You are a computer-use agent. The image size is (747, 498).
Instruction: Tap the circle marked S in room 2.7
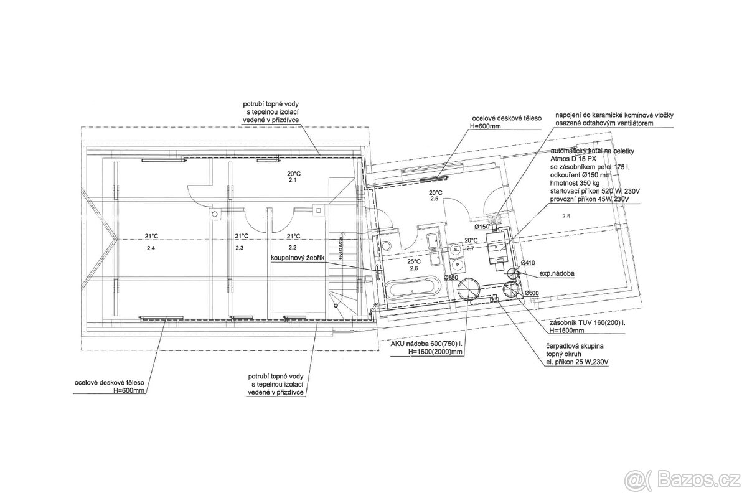point(456,248)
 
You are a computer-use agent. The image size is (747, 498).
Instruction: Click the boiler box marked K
point(496,247)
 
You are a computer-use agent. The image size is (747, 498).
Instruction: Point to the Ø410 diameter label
point(529,263)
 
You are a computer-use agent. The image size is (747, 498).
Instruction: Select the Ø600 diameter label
point(531,293)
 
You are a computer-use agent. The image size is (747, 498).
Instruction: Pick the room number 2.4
point(151,248)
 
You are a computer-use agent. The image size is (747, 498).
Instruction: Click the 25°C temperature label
point(415,262)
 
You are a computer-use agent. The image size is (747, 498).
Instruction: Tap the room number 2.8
point(566,216)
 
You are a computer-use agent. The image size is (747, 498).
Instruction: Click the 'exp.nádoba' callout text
point(557,273)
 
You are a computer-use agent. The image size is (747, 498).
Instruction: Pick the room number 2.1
point(293,181)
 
